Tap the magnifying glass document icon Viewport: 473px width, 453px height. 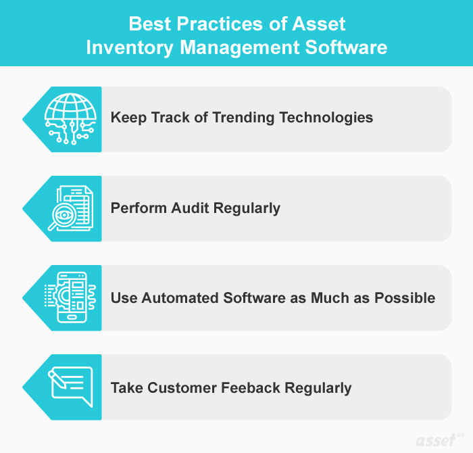click(x=68, y=208)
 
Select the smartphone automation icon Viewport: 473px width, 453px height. click(x=68, y=297)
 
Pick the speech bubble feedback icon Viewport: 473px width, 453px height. click(x=68, y=387)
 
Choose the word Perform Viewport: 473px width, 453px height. click(x=137, y=208)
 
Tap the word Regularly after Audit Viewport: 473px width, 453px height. click(x=246, y=208)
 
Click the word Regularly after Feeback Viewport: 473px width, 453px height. click(x=318, y=387)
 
